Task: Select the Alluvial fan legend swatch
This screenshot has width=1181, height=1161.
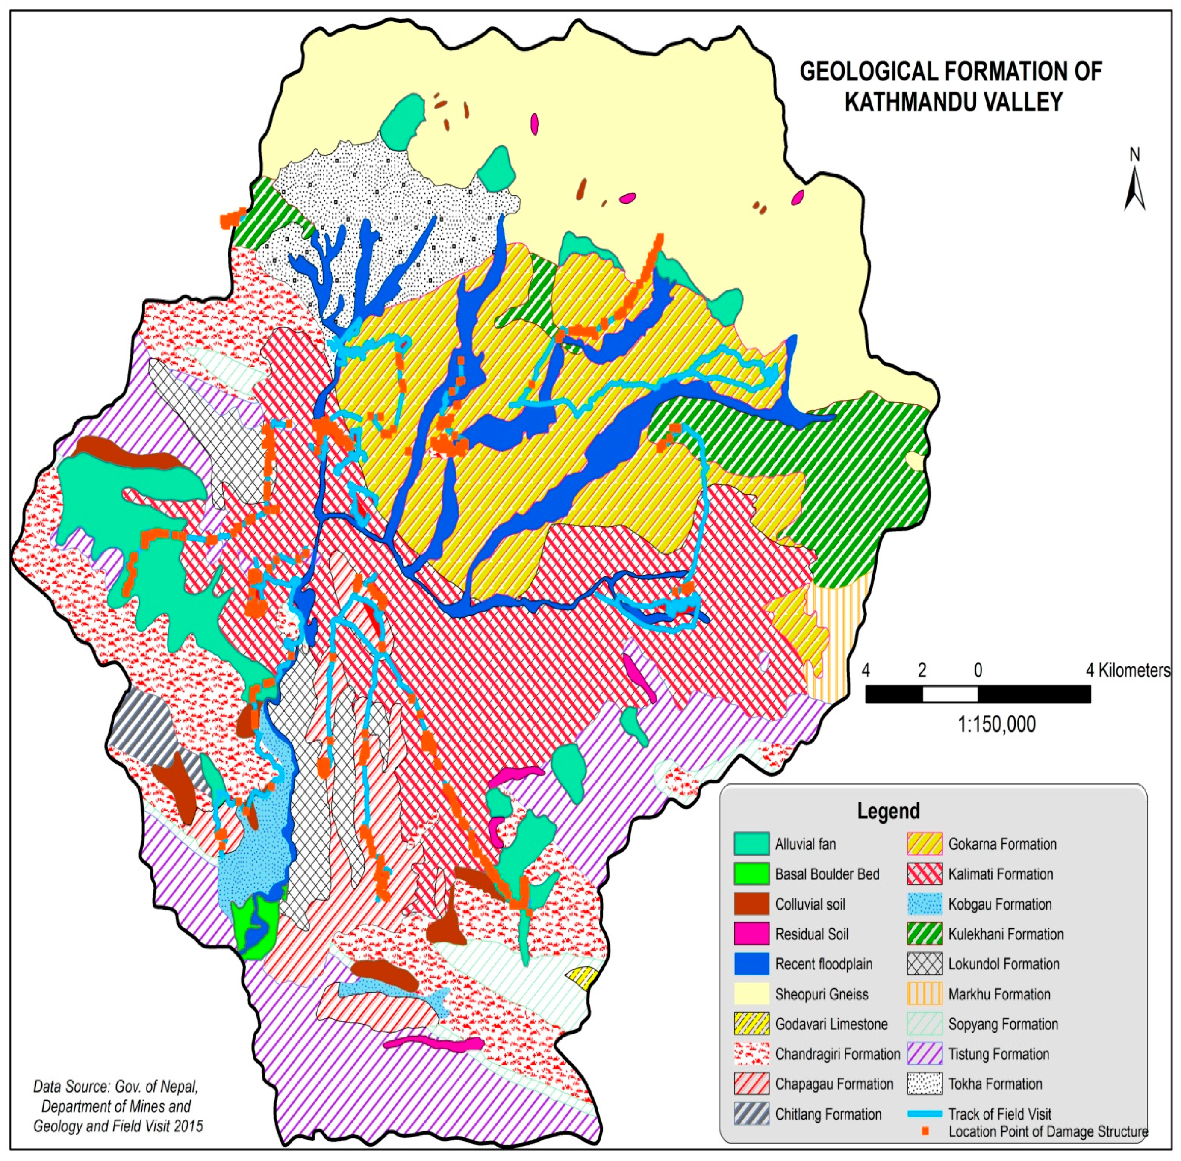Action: point(751,844)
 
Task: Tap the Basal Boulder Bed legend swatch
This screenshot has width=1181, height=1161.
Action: point(751,874)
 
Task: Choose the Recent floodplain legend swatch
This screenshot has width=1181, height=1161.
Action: point(751,963)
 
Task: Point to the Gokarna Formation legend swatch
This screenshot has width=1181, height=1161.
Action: point(925,844)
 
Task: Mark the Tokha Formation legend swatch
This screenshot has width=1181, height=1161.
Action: point(925,1084)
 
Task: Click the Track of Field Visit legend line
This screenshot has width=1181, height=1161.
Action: point(925,1114)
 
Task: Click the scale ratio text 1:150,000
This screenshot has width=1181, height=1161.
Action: point(996,724)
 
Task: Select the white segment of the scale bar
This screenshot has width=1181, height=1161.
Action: point(949,694)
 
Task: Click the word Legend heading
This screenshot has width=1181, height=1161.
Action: point(888,811)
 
